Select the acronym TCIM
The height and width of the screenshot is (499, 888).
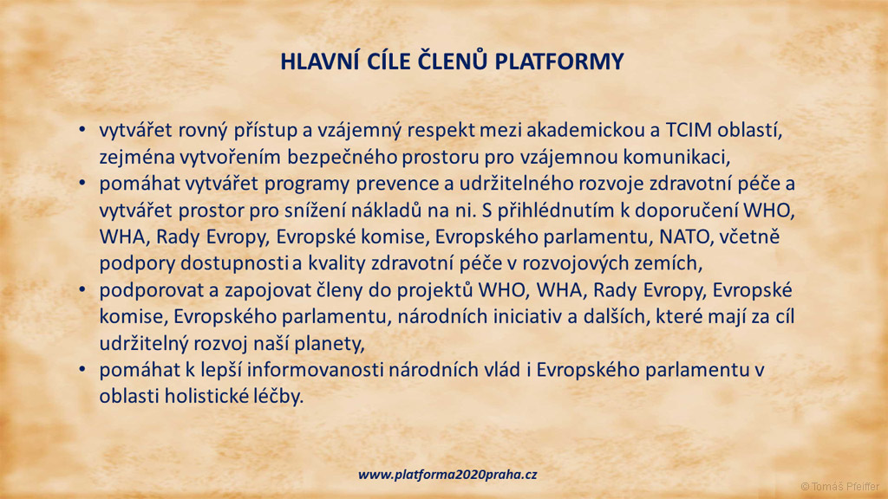tap(689, 130)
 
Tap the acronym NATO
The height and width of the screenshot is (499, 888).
tap(685, 237)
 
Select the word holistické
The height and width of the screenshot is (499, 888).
tap(206, 396)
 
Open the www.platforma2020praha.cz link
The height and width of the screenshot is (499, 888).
tap(447, 475)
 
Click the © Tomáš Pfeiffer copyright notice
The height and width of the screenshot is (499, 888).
tap(839, 487)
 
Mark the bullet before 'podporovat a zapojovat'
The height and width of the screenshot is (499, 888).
tap(82, 289)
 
